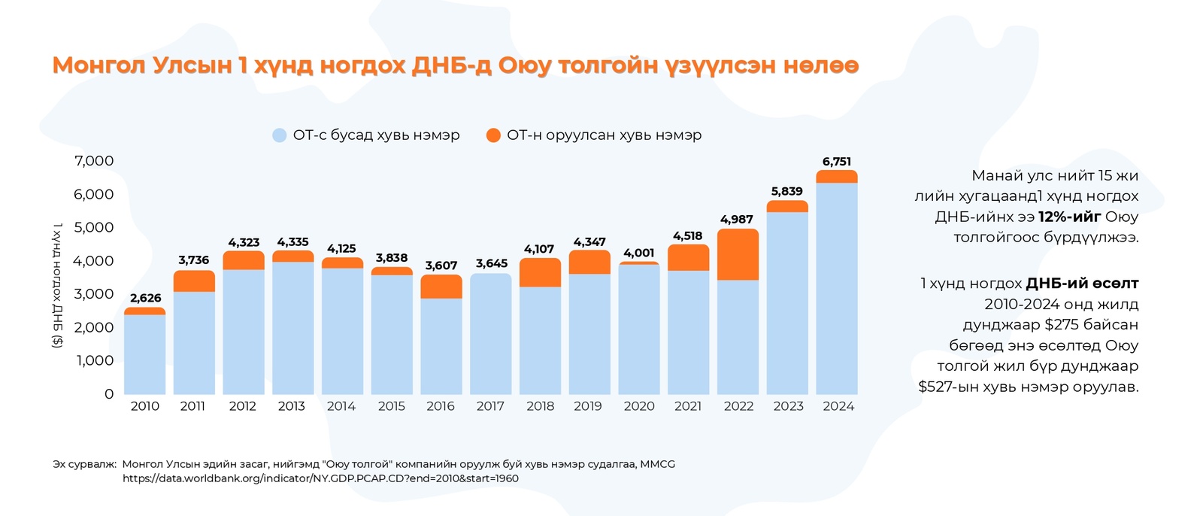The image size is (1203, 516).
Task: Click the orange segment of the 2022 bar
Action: click(x=738, y=255)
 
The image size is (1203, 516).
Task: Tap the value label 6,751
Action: click(x=837, y=162)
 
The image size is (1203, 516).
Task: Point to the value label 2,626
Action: click(x=145, y=298)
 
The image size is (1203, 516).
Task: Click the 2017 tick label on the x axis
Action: click(x=490, y=406)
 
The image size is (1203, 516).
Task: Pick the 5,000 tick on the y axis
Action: click(x=94, y=227)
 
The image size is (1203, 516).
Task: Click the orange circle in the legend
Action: click(x=493, y=135)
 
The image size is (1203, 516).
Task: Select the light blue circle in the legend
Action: click(x=280, y=135)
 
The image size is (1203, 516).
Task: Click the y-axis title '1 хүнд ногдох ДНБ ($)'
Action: click(x=57, y=285)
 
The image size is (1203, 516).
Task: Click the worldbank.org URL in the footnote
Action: click(x=320, y=478)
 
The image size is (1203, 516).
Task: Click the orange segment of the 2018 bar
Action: click(x=540, y=273)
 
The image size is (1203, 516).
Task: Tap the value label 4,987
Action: click(x=736, y=220)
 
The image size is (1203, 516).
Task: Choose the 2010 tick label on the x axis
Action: click(x=144, y=406)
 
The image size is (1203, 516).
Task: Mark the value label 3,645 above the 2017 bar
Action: click(x=491, y=263)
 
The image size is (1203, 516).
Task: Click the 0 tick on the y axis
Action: click(x=109, y=394)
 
